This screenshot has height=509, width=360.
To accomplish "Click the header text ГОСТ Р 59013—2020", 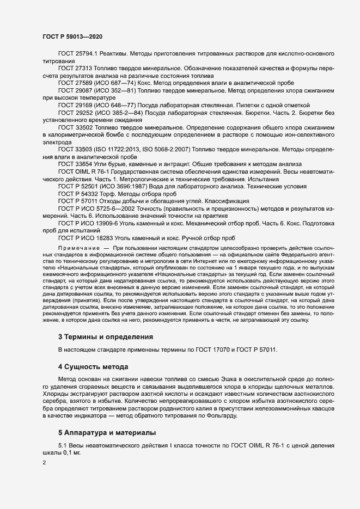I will [72, 35].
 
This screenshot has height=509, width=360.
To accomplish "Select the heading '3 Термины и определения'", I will [106, 337].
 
